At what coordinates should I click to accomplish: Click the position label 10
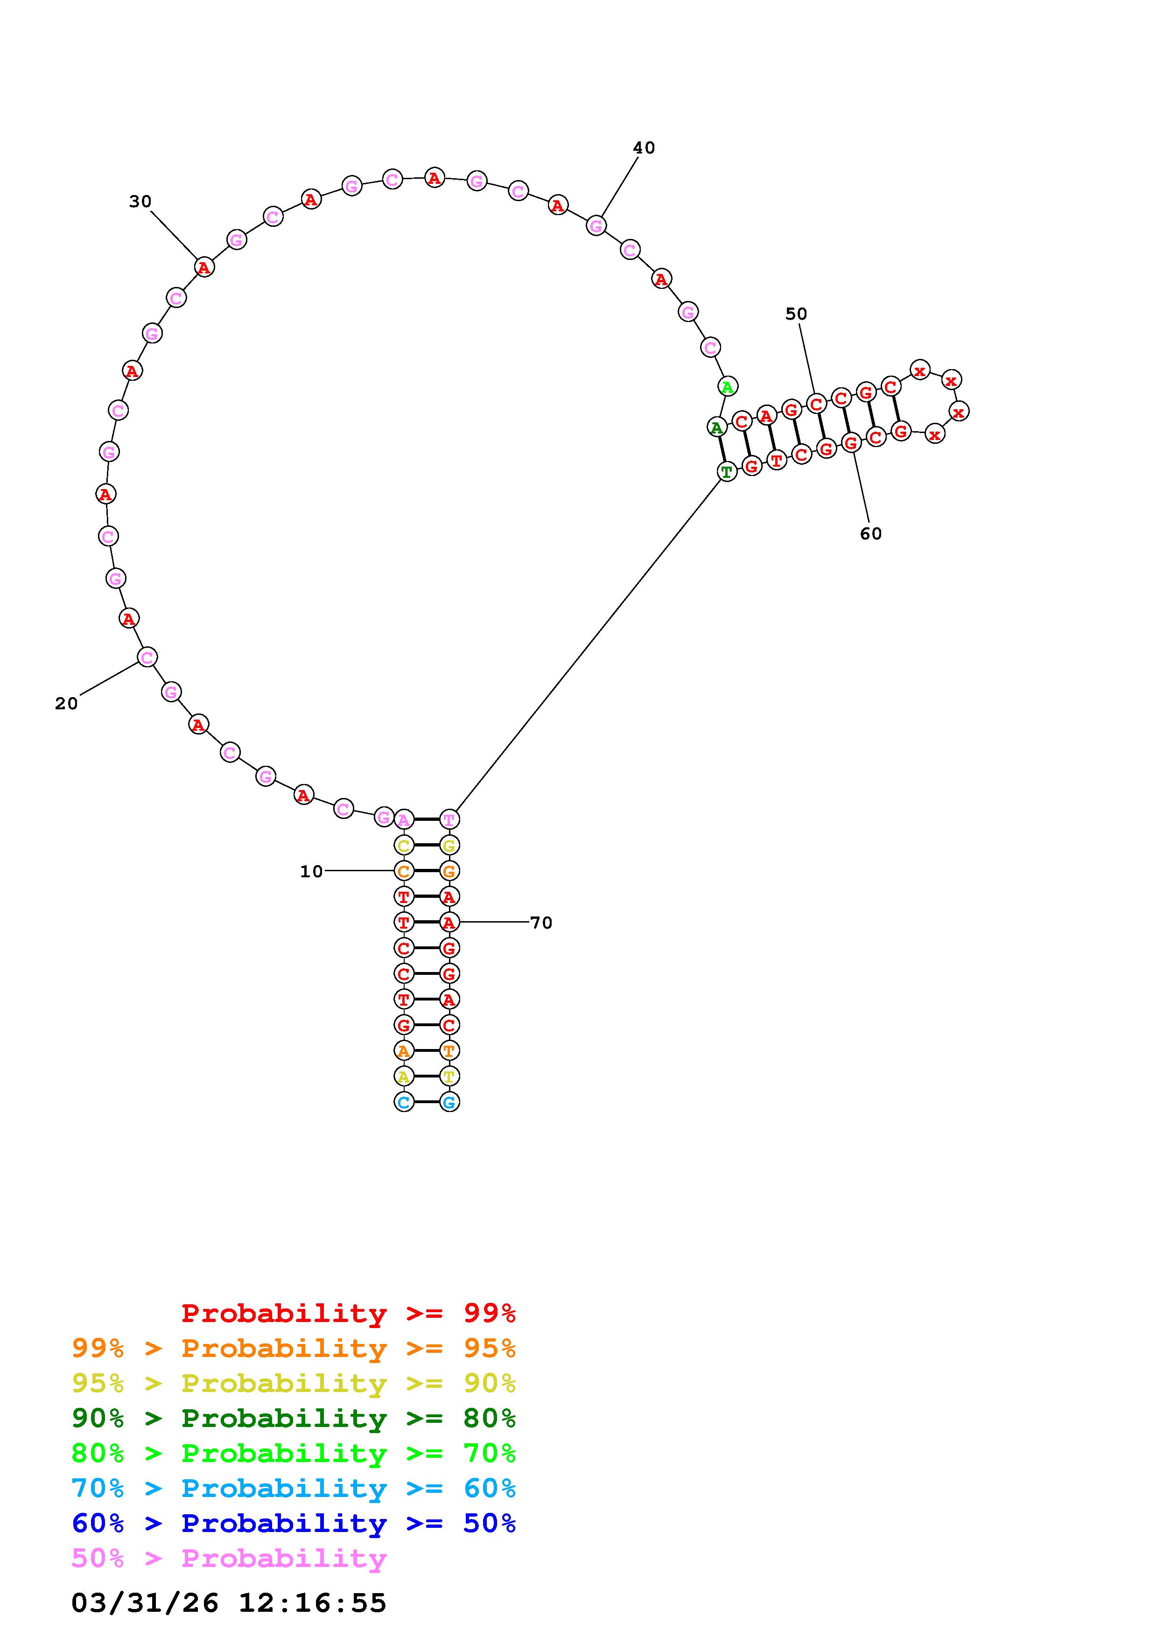pyautogui.click(x=311, y=871)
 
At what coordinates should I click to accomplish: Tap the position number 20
pyautogui.click(x=66, y=704)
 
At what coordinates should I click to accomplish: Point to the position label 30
pyautogui.click(x=140, y=202)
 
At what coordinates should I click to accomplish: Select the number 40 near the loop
pyautogui.click(x=644, y=147)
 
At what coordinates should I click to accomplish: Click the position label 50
pyautogui.click(x=796, y=314)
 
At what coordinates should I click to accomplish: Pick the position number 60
pyautogui.click(x=870, y=534)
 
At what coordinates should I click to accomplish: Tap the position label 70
pyautogui.click(x=541, y=923)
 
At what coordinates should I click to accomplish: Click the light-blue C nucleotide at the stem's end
pyautogui.click(x=404, y=1102)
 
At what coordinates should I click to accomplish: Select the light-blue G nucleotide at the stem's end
pyautogui.click(x=449, y=1102)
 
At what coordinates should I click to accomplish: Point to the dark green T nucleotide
pyautogui.click(x=726, y=471)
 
